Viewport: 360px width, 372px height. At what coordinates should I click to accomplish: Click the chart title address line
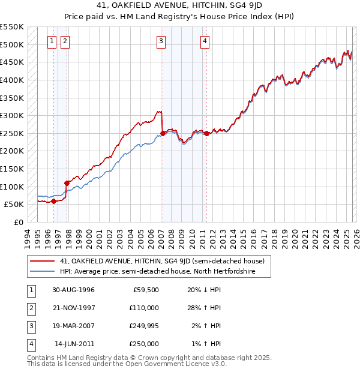point(180,5)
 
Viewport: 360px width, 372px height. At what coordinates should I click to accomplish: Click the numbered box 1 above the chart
point(52,41)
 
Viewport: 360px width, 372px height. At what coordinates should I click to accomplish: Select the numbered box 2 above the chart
point(65,41)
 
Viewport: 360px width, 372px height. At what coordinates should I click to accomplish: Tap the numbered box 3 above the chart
point(161,41)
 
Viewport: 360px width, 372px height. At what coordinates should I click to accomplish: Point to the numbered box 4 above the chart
point(205,41)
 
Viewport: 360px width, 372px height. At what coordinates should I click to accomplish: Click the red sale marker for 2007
point(163,133)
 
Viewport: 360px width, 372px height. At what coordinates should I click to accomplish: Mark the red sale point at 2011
point(206,133)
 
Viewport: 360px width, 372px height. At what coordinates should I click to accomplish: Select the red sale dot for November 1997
point(67,183)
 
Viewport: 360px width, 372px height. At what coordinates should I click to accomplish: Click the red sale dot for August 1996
point(54,201)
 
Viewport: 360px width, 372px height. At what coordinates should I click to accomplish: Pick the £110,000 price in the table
point(144,308)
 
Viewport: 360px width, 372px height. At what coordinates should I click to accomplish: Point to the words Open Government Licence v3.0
point(178,364)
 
